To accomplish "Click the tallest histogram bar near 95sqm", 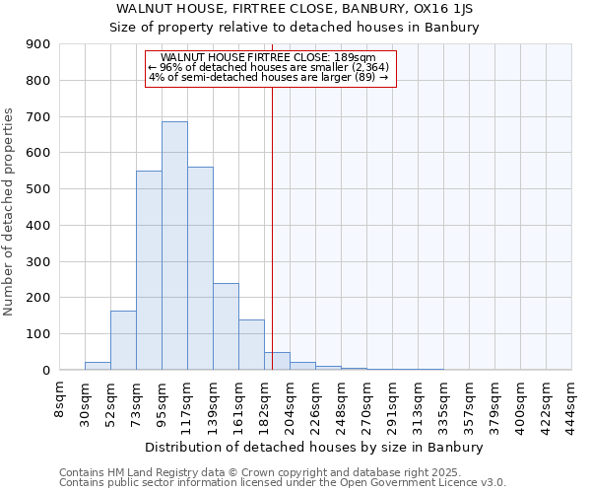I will coord(174,246).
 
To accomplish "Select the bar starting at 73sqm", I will coord(149,271).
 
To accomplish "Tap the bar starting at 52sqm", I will coord(123,340).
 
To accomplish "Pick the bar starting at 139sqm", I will coord(226,326).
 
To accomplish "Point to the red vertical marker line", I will coord(272,227).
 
